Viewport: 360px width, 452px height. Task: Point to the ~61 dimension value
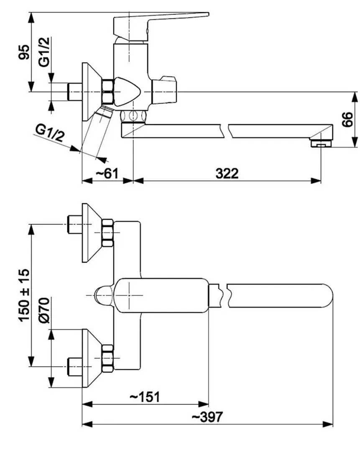click(107, 173)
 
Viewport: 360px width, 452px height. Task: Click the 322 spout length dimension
click(227, 173)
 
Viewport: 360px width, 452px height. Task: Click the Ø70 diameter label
click(45, 311)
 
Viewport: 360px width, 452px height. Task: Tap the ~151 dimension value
click(144, 396)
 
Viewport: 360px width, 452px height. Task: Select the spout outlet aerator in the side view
click(321, 144)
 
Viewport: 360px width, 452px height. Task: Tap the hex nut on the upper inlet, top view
click(107, 233)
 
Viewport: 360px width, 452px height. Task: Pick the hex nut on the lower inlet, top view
click(107, 359)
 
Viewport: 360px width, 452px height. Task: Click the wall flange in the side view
click(89, 92)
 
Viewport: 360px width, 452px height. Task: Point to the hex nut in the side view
click(108, 92)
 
